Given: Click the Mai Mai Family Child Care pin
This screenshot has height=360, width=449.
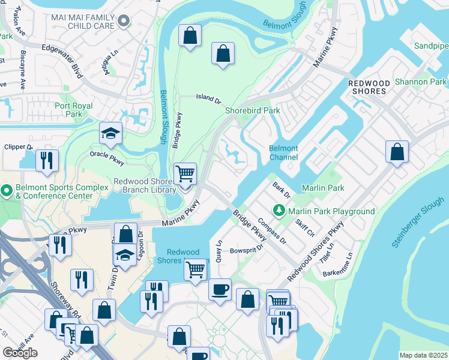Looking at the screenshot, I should [x=124, y=22].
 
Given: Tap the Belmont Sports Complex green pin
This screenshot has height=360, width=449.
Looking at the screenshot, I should [x=7, y=192].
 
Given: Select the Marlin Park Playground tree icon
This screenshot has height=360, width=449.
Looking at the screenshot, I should [x=279, y=211].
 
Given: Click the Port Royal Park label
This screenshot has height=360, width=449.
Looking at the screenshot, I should [x=74, y=110].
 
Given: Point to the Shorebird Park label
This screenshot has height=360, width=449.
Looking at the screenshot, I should [x=253, y=110].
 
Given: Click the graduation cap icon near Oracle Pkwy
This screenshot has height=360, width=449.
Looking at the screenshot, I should [x=110, y=134].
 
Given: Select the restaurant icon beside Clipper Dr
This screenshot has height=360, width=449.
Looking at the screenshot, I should [x=46, y=160].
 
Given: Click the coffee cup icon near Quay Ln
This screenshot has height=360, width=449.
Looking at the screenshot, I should [x=220, y=290].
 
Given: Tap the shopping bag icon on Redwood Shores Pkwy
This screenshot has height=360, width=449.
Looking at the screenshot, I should [x=397, y=152].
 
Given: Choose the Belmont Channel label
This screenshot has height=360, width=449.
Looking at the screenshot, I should [x=283, y=153].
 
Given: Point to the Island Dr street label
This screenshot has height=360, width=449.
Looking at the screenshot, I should [x=208, y=98].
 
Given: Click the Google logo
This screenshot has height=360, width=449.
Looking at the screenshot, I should [x=20, y=353].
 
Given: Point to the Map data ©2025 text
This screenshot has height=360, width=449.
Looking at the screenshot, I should [x=423, y=355].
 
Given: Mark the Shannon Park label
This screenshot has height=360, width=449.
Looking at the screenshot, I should [x=420, y=82].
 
